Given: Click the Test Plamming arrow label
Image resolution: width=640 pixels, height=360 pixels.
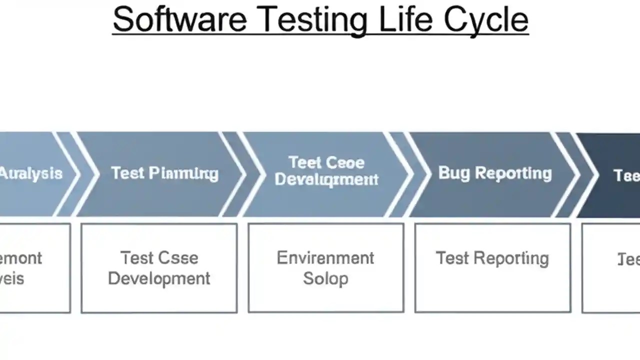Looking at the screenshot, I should click(x=164, y=173).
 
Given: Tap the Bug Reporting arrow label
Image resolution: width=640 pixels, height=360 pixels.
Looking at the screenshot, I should click(x=495, y=173).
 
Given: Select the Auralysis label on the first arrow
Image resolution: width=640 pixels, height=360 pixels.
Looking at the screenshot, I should click(x=31, y=173).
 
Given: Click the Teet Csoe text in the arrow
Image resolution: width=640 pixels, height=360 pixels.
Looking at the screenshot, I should click(x=326, y=162).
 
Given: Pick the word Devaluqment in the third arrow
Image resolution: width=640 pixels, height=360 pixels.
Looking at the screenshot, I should click(x=326, y=179).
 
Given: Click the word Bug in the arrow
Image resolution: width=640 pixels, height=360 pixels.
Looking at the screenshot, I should click(x=454, y=173).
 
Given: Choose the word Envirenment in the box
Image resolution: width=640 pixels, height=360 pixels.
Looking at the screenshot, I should click(x=325, y=258).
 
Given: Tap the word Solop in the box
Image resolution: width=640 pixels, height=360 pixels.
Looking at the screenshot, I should click(x=325, y=278).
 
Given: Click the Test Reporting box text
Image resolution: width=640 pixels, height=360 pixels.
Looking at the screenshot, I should click(x=492, y=258).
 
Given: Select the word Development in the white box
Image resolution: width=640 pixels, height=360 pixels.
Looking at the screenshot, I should click(x=159, y=278).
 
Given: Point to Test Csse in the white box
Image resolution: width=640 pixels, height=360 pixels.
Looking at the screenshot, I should click(x=159, y=258).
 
